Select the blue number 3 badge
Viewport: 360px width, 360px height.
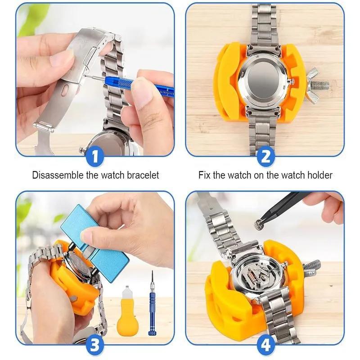click(x=95, y=345)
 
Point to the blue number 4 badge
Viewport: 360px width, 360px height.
click(x=265, y=345)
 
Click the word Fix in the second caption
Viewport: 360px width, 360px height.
click(x=205, y=175)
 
